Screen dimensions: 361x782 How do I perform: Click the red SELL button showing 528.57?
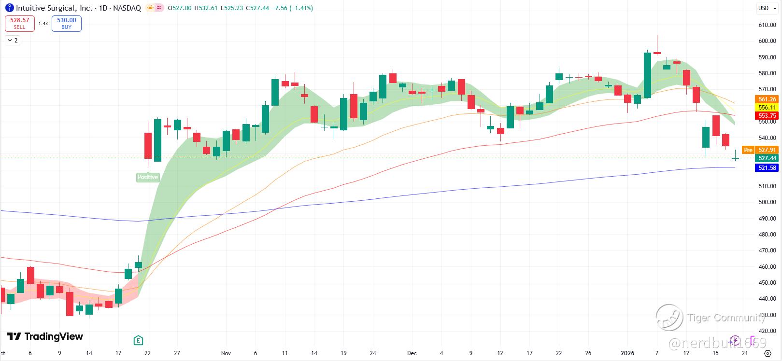click(20, 23)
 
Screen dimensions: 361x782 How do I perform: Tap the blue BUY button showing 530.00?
click(67, 23)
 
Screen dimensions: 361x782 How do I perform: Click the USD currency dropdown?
click(765, 8)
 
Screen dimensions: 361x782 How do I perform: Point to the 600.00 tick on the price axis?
click(767, 41)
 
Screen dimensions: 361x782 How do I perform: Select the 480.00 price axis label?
click(767, 235)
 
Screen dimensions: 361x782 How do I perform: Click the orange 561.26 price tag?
click(767, 99)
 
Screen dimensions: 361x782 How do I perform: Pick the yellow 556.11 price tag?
click(767, 108)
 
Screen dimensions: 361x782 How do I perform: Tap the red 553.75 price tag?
click(767, 116)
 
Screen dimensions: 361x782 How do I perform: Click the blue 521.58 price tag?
click(767, 168)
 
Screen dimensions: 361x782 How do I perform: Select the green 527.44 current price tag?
click(767, 158)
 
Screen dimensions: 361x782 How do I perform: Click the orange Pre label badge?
click(748, 150)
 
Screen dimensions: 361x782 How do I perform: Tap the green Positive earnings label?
click(148, 177)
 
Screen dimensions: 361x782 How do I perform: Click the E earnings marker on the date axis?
click(138, 340)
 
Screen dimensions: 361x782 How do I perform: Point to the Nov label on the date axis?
click(226, 353)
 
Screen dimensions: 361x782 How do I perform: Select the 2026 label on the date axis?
click(627, 353)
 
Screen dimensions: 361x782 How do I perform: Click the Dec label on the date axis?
click(412, 353)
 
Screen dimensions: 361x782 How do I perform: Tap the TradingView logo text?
click(53, 336)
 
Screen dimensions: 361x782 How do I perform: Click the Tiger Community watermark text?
click(726, 318)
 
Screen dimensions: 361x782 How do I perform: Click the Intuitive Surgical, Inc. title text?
click(54, 8)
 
